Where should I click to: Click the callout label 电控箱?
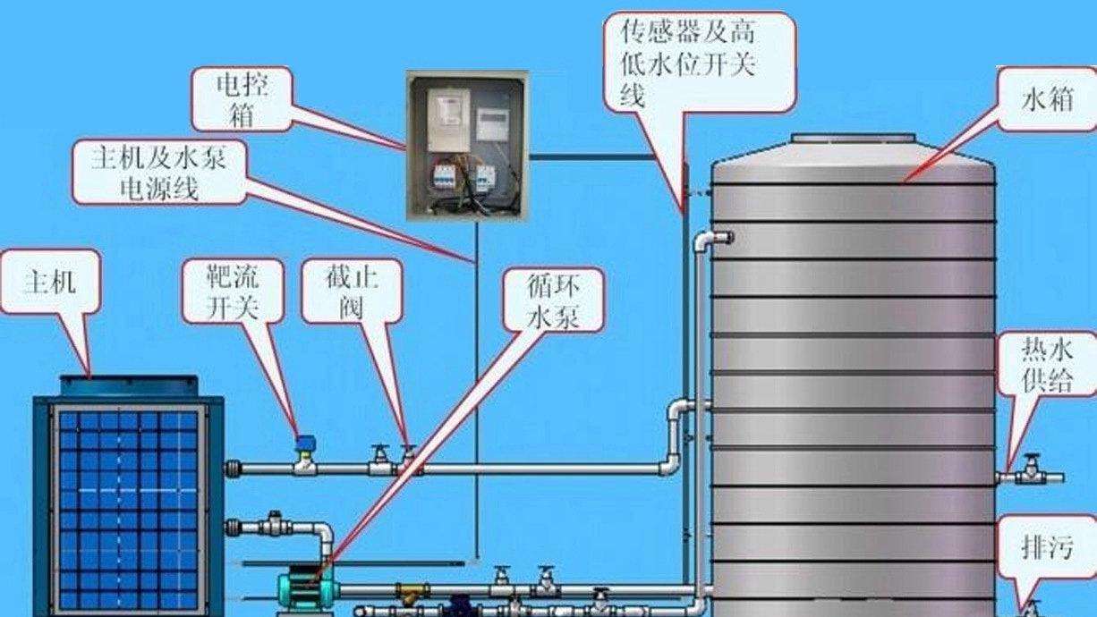point(242,97)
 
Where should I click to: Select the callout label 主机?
point(49,282)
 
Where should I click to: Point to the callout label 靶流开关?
point(233,292)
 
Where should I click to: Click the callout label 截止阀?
point(352,292)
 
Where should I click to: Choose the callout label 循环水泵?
point(552,302)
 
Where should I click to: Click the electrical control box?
point(466,146)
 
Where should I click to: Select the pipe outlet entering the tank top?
point(721,237)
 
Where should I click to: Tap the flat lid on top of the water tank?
point(852,139)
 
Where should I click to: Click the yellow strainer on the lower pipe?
point(413,592)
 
